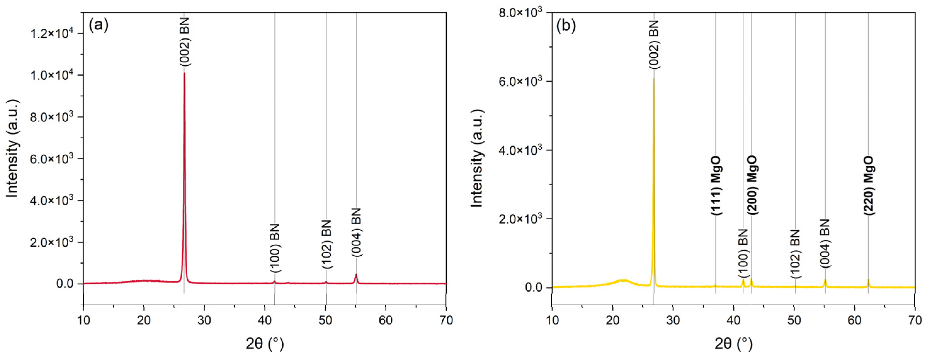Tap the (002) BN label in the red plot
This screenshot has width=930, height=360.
[x=184, y=42]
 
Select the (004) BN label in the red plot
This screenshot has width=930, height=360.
[x=356, y=232]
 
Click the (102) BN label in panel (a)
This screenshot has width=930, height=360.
[x=327, y=244]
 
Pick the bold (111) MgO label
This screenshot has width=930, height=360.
[x=716, y=186]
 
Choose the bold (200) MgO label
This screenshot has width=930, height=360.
[x=752, y=186]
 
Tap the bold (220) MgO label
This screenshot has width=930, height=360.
[x=869, y=186]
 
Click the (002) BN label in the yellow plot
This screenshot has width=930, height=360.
[x=654, y=44]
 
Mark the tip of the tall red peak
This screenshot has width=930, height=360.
[x=184, y=73]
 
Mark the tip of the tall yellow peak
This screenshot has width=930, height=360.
[x=654, y=79]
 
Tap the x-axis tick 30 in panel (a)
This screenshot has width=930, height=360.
[x=204, y=320]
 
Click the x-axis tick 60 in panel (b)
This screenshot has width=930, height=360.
[x=854, y=320]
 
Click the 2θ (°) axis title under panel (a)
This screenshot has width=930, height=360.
[x=265, y=344]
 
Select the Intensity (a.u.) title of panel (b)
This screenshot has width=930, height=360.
[x=477, y=159]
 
